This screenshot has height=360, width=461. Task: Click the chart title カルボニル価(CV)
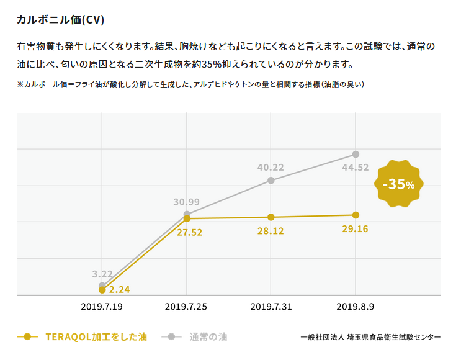[60, 20]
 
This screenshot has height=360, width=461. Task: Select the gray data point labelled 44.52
[356, 154]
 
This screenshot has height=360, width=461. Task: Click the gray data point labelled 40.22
[271, 181]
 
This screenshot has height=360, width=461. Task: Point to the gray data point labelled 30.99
[187, 214]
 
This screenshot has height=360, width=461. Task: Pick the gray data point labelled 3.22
[102, 286]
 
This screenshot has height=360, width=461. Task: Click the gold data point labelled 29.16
[356, 215]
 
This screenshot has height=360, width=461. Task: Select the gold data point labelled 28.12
[271, 217]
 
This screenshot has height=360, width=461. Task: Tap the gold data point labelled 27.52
[187, 218]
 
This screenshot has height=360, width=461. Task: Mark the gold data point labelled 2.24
[102, 290]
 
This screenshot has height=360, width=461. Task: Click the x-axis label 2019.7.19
[102, 307]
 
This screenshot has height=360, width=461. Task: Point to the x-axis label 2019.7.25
[187, 307]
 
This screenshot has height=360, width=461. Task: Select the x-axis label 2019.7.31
[271, 307]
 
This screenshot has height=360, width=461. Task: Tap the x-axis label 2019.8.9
[355, 307]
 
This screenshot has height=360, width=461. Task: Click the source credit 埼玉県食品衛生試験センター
[394, 336]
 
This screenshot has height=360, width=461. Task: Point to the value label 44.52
[356, 168]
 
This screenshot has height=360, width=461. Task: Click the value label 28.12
[271, 230]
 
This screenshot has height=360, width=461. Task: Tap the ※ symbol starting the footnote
[20, 84]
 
